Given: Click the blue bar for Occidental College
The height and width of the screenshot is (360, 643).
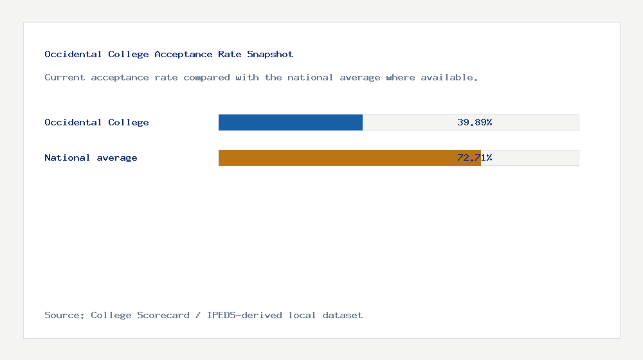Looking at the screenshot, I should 291,122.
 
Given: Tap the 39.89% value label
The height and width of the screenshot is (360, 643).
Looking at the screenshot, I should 475,122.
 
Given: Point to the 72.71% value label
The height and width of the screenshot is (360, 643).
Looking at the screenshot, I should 475,157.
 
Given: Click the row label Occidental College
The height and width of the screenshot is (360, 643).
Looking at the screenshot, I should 96,122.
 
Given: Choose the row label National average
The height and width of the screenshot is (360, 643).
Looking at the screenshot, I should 91,157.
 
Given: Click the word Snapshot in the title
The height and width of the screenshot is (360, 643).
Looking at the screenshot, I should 270,55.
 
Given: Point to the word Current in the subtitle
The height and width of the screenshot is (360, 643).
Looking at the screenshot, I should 65,78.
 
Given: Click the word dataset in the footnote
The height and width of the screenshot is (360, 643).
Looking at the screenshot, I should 343,315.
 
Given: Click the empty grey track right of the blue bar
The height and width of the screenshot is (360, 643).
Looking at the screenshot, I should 412,122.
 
